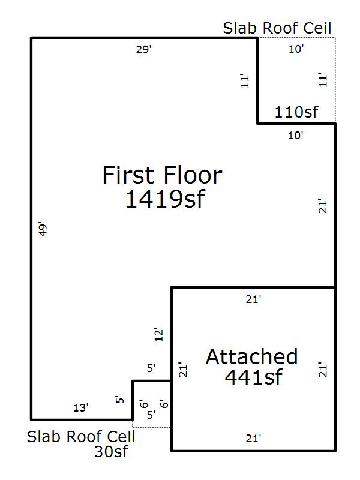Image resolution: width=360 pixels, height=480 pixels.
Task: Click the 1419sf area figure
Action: coord(165,199)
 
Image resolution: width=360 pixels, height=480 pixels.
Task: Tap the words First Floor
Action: coord(162,175)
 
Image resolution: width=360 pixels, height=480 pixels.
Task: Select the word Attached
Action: coord(251,356)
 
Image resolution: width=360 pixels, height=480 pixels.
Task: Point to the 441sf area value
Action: coord(253,377)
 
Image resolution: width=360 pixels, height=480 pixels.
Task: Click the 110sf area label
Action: coord(296,112)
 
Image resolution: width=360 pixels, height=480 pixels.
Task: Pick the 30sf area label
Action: coord(111,452)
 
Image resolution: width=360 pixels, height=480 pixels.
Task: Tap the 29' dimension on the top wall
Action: coord(143,49)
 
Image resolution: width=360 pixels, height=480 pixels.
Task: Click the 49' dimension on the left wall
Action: coord(43,229)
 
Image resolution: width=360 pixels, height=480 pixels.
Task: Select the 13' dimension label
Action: coord(81,408)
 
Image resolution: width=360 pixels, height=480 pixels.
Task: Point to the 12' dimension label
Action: coord(158,334)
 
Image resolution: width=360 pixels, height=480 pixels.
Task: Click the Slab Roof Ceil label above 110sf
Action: coord(277,28)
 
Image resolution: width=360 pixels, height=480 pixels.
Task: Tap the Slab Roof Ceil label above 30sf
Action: coord(81,437)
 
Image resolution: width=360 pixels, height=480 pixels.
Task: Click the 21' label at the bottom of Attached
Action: coord(253,439)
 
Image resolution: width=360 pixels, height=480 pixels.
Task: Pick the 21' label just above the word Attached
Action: coord(253,299)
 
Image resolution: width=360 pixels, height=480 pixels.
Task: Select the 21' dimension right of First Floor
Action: coord(323,205)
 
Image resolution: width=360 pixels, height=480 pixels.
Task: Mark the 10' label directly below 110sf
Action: coord(296,135)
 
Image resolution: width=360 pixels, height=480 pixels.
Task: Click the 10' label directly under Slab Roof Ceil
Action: coord(296,49)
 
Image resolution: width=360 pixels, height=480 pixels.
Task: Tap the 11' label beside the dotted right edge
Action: coord(323,80)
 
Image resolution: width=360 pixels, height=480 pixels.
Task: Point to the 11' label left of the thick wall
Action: coord(245,80)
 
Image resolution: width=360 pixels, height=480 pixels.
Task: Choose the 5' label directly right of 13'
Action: coord(119,400)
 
